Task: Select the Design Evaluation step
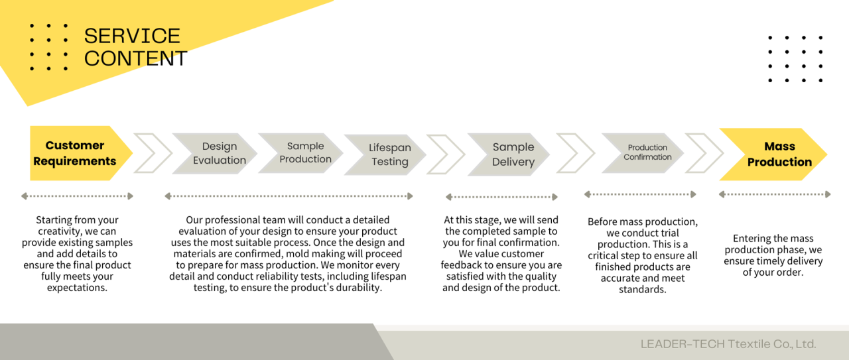point(219,153)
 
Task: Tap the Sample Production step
point(305,152)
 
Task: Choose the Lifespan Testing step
point(389,154)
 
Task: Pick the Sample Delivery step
point(513,154)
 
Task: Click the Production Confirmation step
point(647,152)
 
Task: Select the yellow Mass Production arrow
point(776,154)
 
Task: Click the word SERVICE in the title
point(132,36)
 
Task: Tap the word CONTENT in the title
point(135,58)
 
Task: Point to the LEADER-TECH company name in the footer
point(728,344)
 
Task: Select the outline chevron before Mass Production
point(704,153)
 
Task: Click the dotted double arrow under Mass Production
point(775,194)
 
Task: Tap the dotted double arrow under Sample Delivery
point(502,197)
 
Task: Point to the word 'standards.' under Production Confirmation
point(643,290)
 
